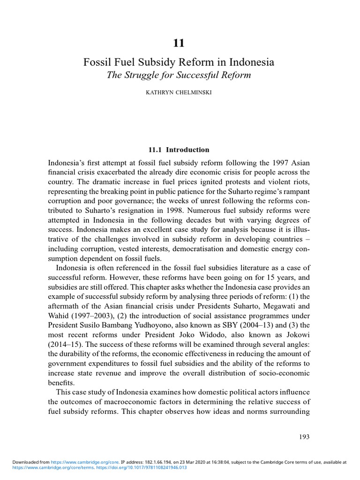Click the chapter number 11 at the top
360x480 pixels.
click(179, 43)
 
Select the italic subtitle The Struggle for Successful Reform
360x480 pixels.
click(179, 75)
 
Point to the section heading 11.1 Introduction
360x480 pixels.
click(179, 150)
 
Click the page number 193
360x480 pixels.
click(304, 436)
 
